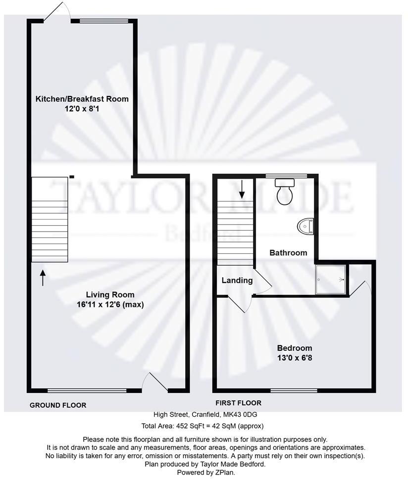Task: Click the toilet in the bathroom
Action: click(x=285, y=192)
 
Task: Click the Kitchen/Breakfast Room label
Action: click(x=82, y=99)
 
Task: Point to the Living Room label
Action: click(x=106, y=295)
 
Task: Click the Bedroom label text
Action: click(x=295, y=347)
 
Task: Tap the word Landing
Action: click(x=237, y=281)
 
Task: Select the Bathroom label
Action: click(x=288, y=253)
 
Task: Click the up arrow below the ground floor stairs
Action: click(x=43, y=278)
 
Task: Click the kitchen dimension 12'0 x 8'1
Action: click(x=82, y=108)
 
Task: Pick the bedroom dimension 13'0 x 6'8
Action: click(x=295, y=357)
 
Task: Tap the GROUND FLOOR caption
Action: click(x=58, y=405)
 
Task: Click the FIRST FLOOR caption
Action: click(x=238, y=403)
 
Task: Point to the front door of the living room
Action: click(x=155, y=383)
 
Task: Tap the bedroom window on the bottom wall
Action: click(x=294, y=390)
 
